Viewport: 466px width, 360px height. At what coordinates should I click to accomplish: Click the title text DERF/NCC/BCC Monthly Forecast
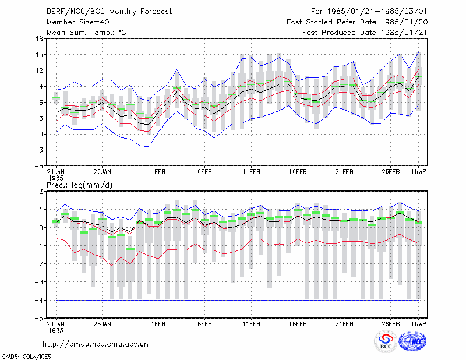coord(109,12)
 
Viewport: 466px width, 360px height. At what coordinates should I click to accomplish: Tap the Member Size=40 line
coord(78,22)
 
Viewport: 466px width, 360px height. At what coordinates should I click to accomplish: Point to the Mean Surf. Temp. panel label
coord(86,33)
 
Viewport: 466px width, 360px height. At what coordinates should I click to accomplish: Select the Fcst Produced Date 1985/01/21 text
coord(365,33)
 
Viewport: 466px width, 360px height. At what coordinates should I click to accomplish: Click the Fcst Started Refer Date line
coord(357,22)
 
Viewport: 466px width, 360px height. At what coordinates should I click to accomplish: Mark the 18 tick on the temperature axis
coord(39,38)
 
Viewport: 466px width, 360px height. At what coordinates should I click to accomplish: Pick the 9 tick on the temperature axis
coord(41,87)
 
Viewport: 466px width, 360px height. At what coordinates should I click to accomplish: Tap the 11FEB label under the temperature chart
coord(251,172)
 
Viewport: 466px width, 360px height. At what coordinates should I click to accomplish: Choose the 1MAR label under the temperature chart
coord(418,172)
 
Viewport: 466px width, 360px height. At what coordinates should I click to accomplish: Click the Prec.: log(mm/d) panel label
coord(79,185)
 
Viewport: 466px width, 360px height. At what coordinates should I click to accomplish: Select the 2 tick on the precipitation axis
coord(41,192)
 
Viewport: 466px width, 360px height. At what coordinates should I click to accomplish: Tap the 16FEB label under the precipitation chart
coord(298,324)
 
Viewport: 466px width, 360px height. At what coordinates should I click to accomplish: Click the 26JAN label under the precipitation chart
coord(103,324)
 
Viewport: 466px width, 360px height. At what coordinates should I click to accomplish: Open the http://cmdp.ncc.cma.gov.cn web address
coord(96,344)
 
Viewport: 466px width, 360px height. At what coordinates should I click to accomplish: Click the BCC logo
coord(386,342)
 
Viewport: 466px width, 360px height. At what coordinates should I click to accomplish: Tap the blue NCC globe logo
coord(412,341)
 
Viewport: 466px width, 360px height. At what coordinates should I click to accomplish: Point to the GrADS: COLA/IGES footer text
coord(26,357)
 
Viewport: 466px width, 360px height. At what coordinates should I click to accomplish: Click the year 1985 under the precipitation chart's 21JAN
coord(56,330)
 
